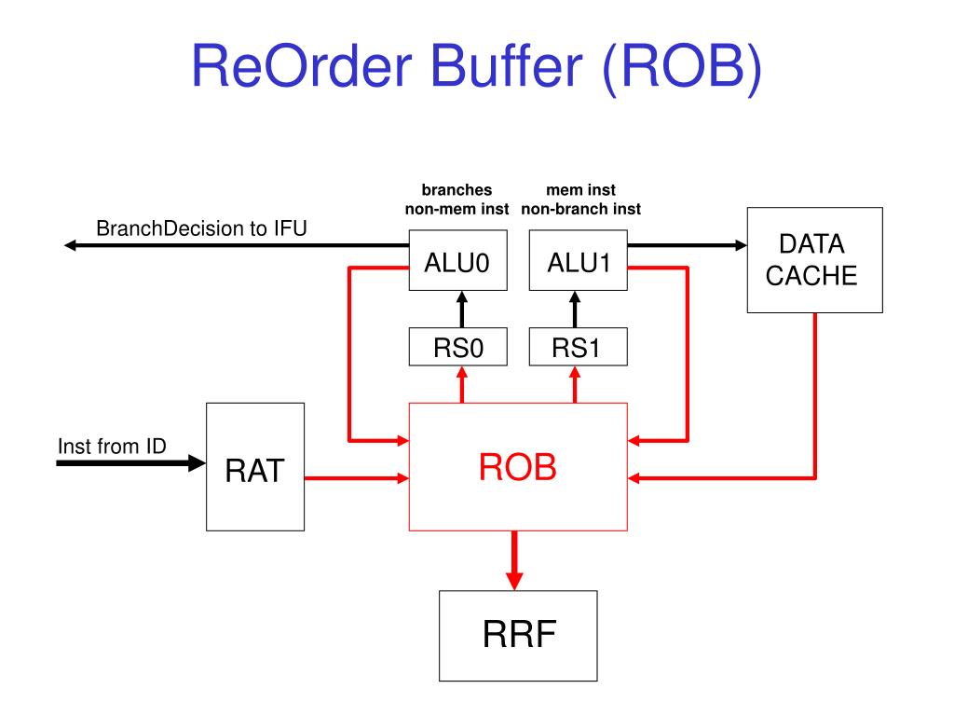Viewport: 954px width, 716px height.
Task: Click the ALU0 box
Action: pos(457,260)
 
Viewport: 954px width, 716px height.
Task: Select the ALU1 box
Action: pos(578,260)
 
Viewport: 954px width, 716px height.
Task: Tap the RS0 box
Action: pos(457,347)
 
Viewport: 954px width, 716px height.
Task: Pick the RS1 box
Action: pos(578,347)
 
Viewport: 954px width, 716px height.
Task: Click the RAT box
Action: pos(255,467)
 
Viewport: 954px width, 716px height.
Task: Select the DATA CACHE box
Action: pos(814,260)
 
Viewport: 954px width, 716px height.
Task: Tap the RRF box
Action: pos(518,636)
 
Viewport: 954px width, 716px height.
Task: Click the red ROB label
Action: pos(518,468)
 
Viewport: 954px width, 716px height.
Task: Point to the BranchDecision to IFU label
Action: pos(201,228)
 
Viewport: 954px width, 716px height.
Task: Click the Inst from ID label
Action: pos(112,447)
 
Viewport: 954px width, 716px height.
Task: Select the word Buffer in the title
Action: pos(507,66)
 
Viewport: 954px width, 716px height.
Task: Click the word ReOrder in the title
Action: pos(302,66)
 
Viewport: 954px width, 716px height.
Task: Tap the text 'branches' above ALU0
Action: pos(457,190)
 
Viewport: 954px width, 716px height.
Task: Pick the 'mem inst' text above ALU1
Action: pos(581,190)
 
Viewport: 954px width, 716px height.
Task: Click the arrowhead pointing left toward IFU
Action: pos(70,245)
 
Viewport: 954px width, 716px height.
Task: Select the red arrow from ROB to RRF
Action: pos(514,560)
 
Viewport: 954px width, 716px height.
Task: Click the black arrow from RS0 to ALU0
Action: pos(462,310)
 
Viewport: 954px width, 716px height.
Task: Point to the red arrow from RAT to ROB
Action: pos(357,478)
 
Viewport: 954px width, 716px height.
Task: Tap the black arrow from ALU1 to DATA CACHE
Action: pos(688,245)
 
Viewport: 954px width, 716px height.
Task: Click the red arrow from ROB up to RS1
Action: pos(576,384)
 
